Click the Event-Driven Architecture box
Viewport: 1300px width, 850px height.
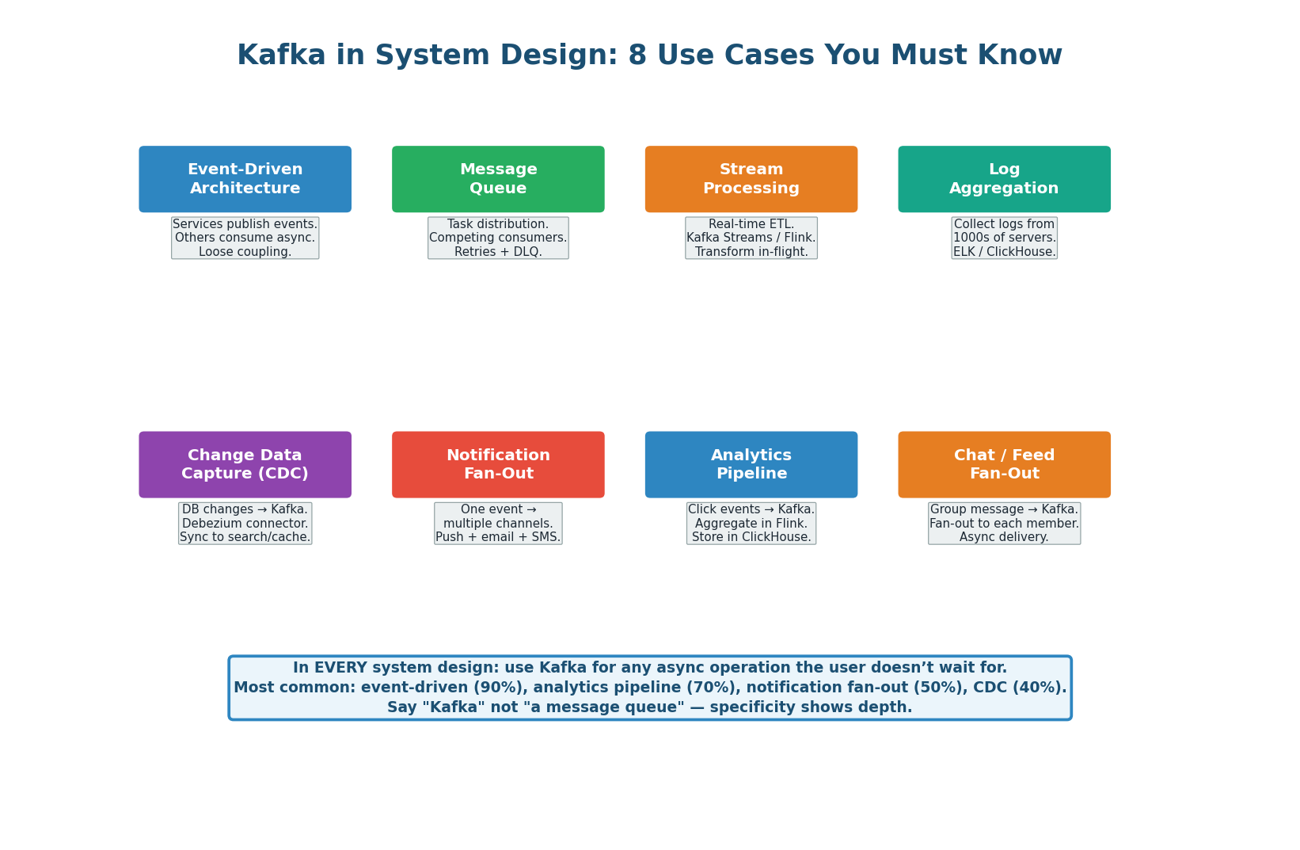point(245,179)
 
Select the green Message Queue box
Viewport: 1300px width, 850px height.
point(498,179)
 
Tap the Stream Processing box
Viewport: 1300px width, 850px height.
point(751,179)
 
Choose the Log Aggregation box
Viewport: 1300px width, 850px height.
point(1004,179)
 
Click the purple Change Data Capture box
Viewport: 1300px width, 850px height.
point(245,464)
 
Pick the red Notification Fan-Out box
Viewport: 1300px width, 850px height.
point(498,464)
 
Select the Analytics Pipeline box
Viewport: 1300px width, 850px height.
point(751,464)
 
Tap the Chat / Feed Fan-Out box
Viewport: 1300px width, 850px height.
point(1004,464)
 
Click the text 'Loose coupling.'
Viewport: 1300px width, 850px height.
point(245,252)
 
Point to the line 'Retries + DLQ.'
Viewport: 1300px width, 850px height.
point(498,252)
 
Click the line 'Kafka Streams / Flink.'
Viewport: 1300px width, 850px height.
point(751,238)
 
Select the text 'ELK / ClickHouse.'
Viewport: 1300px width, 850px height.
point(1004,252)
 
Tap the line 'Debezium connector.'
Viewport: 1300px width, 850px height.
point(245,524)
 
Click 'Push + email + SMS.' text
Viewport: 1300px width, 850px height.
point(498,537)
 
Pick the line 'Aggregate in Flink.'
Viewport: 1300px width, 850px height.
point(751,524)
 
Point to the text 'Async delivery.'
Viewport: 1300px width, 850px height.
point(1004,537)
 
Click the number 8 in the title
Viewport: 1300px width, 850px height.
point(637,55)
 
